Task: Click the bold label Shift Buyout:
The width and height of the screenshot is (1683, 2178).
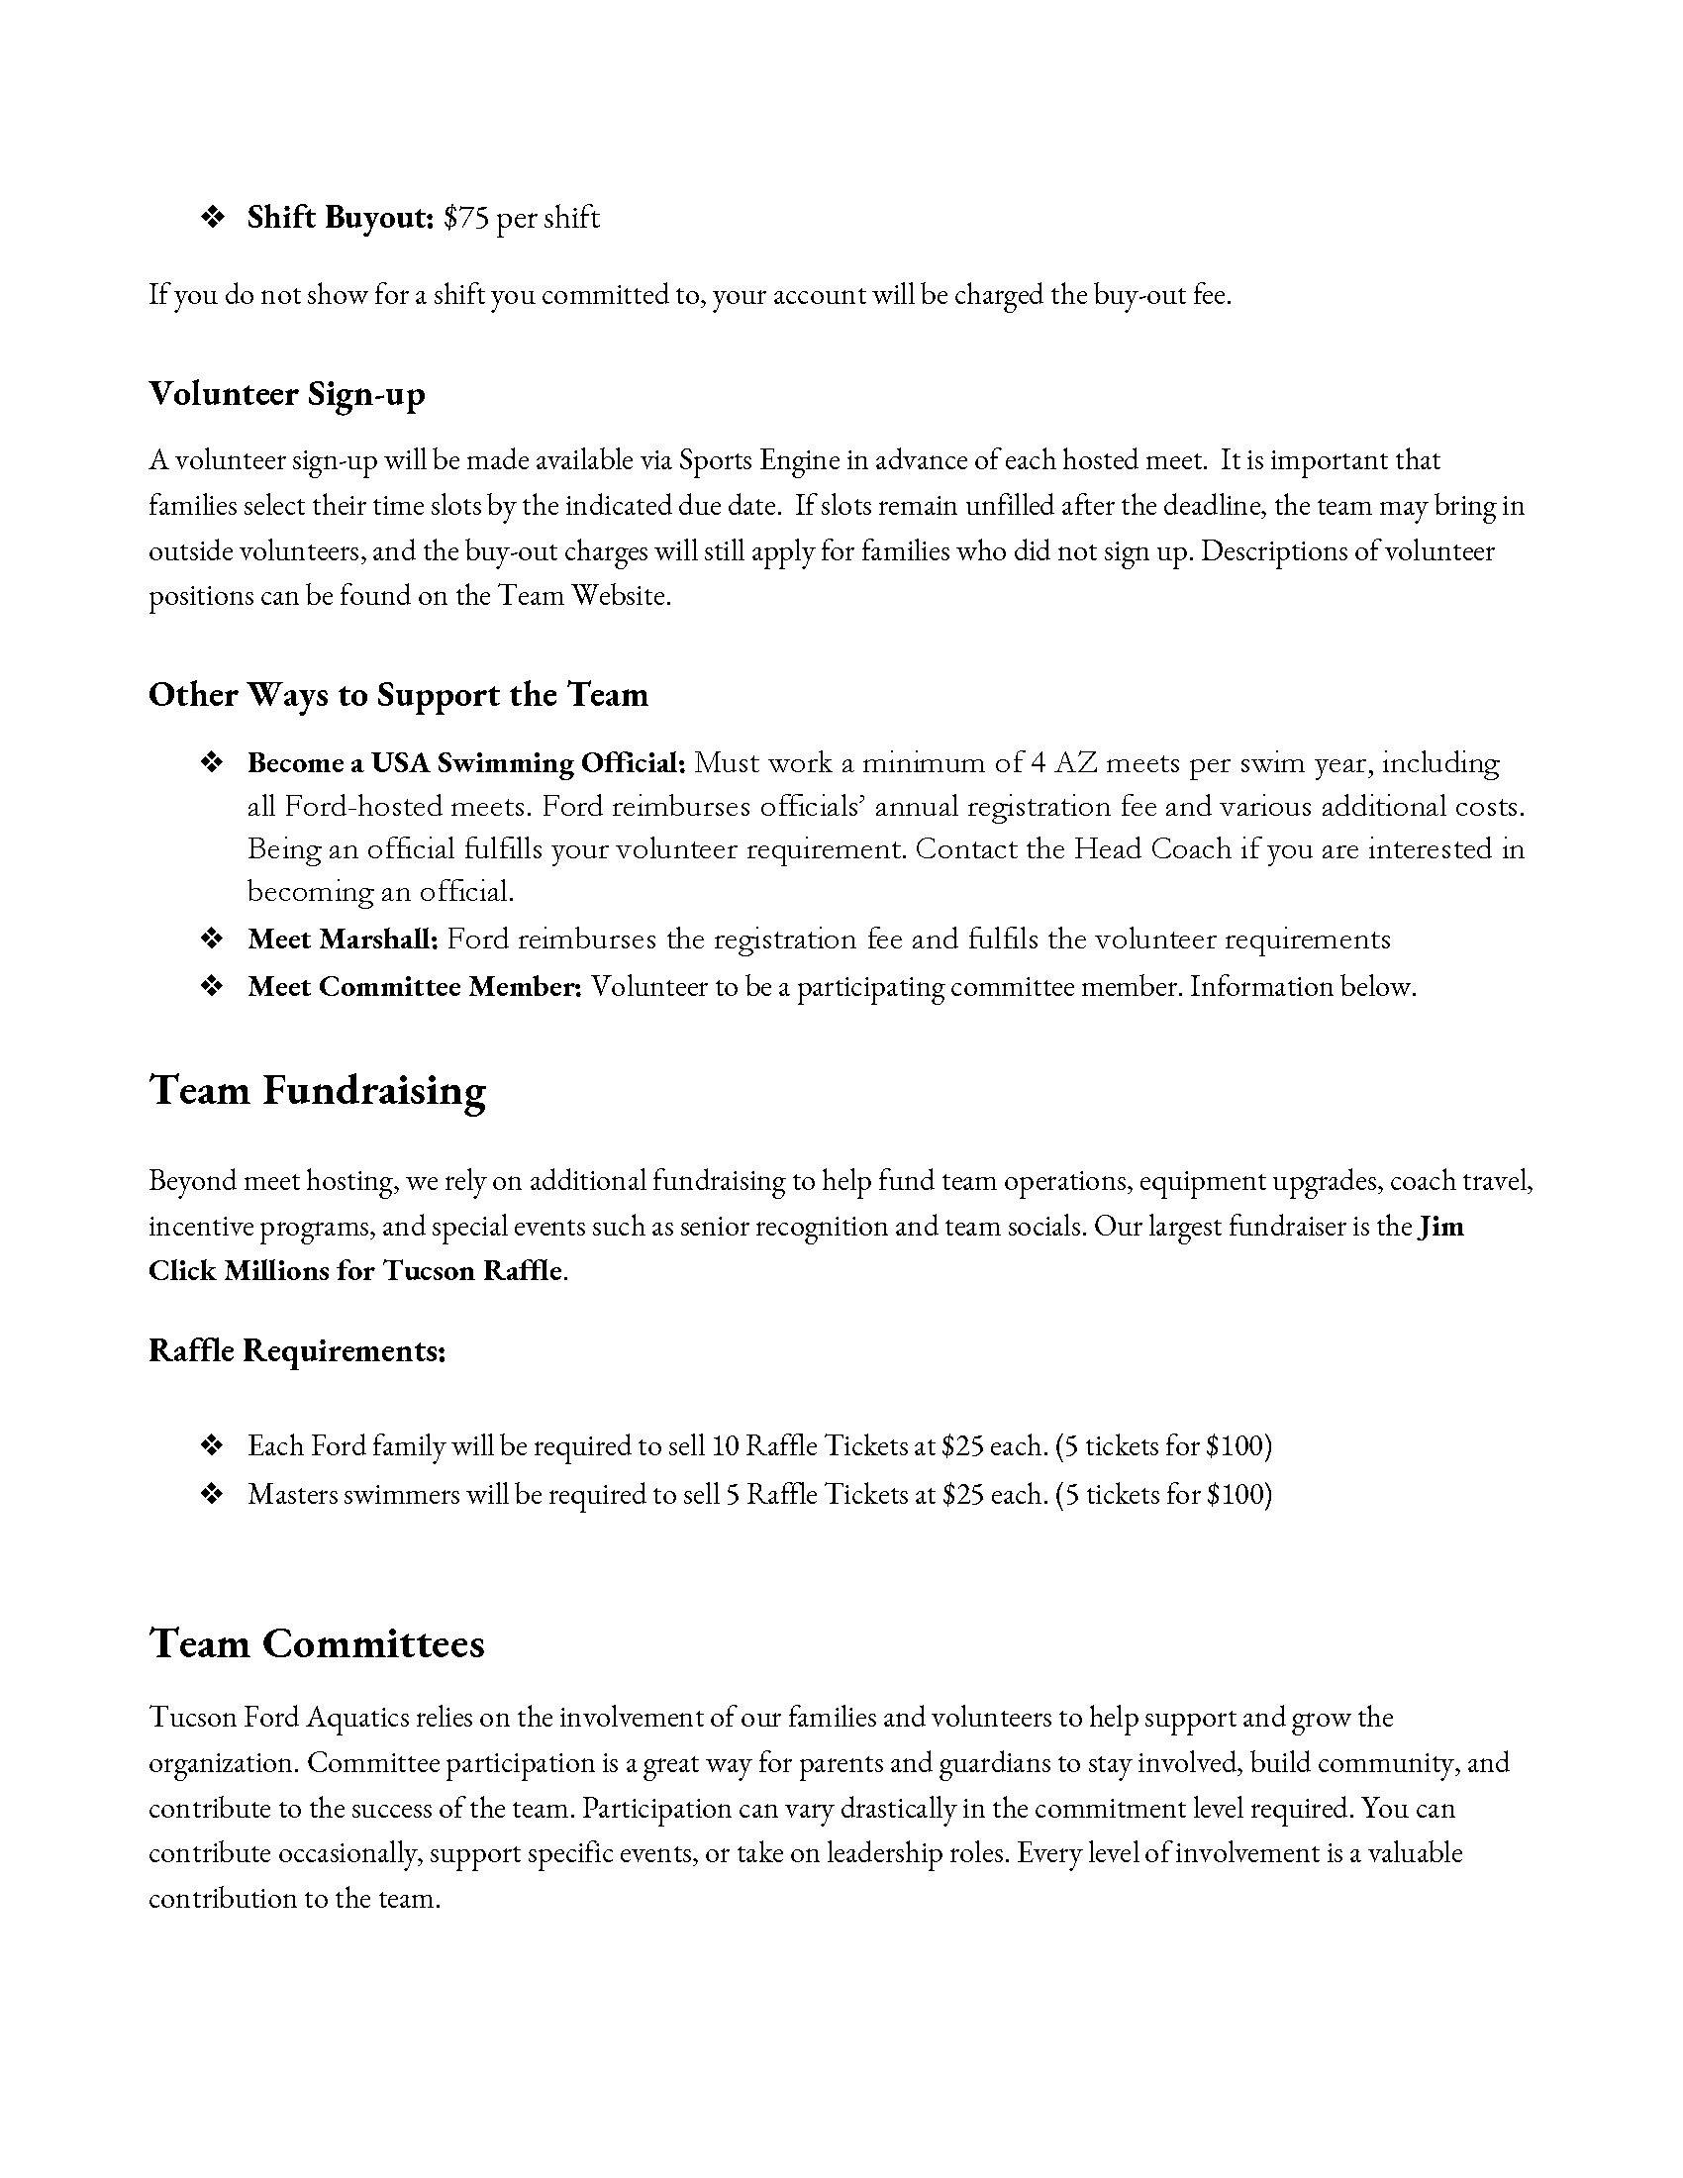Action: (340, 218)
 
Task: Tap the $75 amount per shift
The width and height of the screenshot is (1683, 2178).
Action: (465, 218)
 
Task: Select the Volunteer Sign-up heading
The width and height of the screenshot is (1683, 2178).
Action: (287, 394)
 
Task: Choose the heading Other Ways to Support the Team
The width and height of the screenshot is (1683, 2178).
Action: (398, 694)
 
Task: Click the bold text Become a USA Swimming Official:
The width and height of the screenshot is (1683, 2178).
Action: (466, 763)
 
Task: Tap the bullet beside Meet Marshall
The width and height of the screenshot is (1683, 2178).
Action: (212, 939)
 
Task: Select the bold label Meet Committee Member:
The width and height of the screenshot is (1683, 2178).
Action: (415, 986)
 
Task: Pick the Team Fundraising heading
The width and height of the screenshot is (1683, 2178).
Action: (317, 1090)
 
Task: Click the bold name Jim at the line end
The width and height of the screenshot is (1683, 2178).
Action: (1440, 1226)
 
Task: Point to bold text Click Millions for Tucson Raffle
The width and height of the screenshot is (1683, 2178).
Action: (356, 1270)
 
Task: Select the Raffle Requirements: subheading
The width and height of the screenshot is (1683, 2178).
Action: (297, 1350)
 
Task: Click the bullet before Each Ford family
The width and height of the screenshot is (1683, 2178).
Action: (212, 1445)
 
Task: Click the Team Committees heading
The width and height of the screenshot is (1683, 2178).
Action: (317, 1643)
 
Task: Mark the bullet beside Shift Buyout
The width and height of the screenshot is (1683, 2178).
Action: (212, 218)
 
